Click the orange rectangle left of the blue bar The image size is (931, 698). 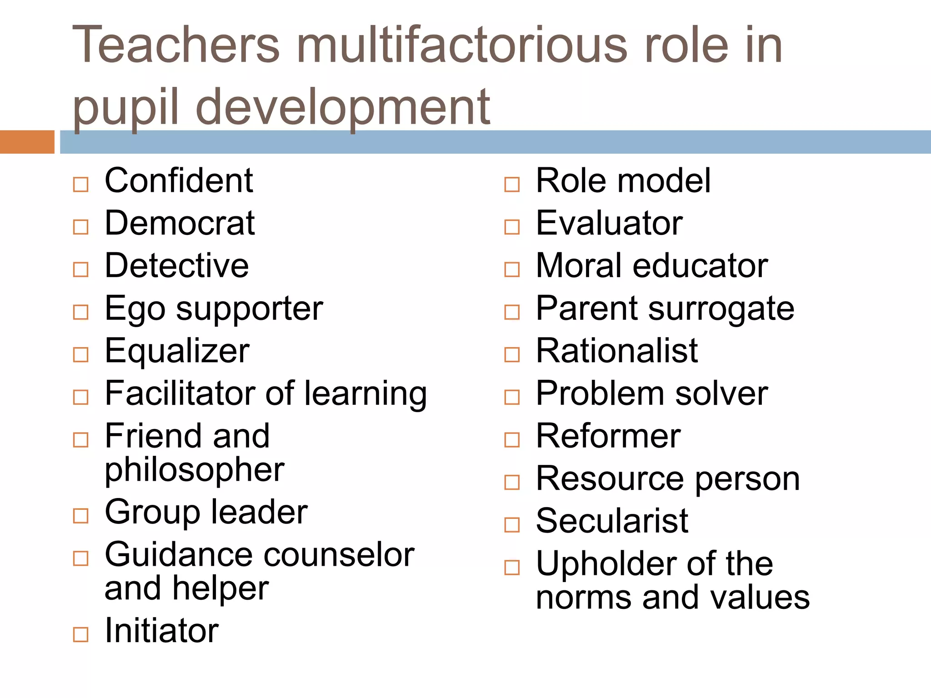coord(27,142)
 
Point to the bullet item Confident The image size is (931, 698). coord(179,181)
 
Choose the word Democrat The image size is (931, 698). coord(180,223)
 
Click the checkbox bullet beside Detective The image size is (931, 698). coord(80,269)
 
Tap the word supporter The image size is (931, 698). coord(250,309)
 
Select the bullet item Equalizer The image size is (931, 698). coord(177,351)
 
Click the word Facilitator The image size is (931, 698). coord(181,393)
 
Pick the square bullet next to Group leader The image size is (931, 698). coord(80,516)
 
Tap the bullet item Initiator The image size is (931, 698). coord(161,631)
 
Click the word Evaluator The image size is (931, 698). coord(609,223)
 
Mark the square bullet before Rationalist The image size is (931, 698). coord(512,354)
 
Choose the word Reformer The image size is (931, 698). coord(608,436)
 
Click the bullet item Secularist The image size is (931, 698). coord(612,521)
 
